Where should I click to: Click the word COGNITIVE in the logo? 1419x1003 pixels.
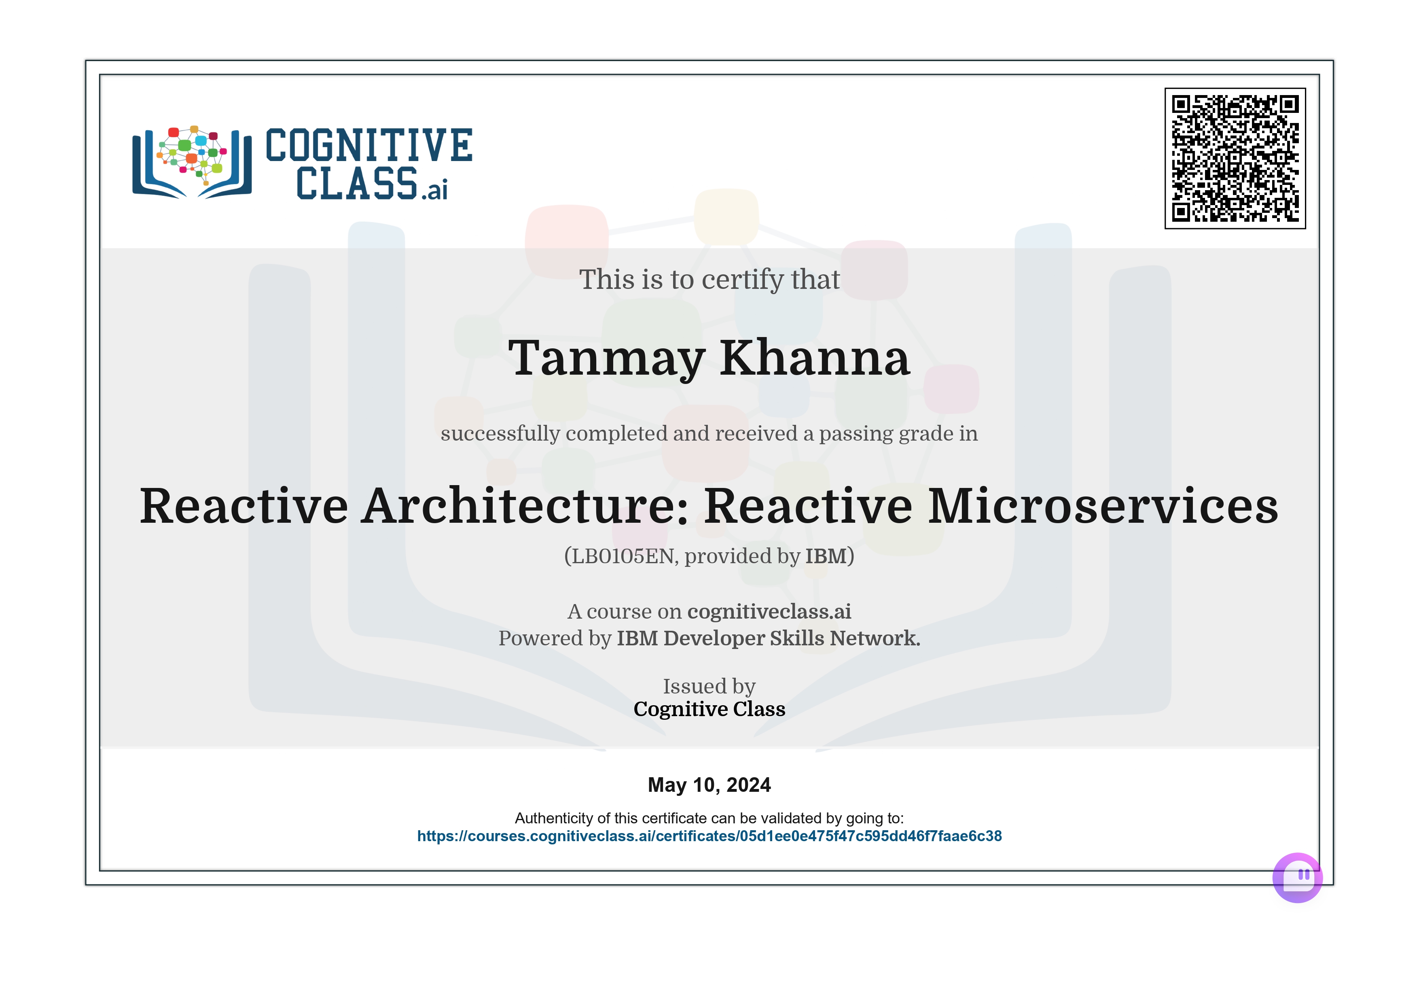tap(369, 145)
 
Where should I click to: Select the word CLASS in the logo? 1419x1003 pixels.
tap(357, 184)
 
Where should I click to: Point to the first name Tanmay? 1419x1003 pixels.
tap(606, 358)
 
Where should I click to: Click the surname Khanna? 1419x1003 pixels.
tap(815, 358)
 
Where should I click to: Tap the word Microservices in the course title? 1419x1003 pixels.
tap(1103, 506)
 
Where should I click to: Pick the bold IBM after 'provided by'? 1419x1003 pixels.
tap(826, 556)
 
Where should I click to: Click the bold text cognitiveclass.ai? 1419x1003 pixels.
tap(769, 611)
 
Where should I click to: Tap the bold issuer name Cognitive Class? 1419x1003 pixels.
tap(709, 709)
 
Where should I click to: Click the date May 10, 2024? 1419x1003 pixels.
tap(709, 785)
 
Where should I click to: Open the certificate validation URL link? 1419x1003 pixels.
tap(709, 836)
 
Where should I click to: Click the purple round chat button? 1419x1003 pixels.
tap(1297, 878)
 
